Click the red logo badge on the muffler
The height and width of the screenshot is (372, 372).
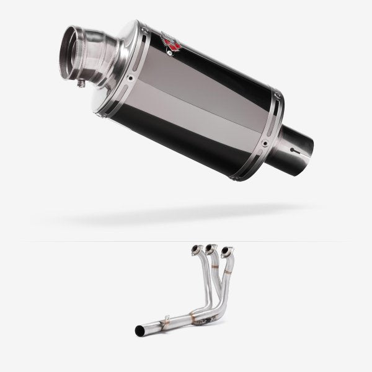point(171,43)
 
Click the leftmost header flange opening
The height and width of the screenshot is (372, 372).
point(195,250)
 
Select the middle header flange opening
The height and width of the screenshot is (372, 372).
point(211,249)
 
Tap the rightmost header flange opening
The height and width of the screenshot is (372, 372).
point(226,251)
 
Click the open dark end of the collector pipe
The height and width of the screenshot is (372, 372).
point(139,330)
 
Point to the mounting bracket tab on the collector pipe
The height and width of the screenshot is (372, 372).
point(166,320)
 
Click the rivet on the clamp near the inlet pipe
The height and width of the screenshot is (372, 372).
point(265,143)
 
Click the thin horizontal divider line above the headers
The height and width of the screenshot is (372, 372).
point(186,241)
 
